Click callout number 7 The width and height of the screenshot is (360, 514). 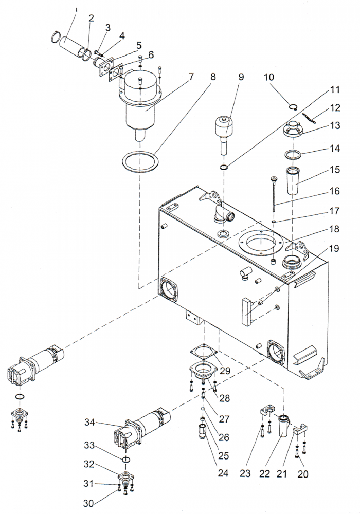[191, 77]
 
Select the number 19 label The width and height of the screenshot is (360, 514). [334, 249]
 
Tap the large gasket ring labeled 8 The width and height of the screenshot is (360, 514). [139, 161]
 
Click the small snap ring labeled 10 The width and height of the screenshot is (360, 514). [293, 107]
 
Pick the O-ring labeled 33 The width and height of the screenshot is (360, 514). [125, 458]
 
